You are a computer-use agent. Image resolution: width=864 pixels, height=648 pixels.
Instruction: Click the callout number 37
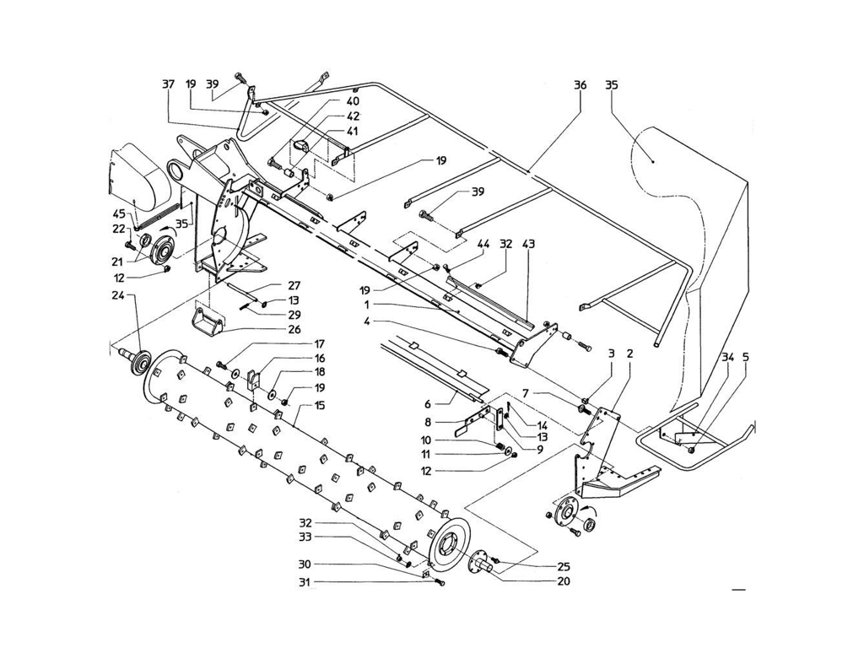coord(169,84)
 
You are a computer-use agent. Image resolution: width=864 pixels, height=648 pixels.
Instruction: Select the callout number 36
coord(580,85)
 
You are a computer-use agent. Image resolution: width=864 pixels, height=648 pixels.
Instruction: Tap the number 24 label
coord(116,296)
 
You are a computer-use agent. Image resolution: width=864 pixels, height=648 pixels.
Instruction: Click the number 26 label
coord(294,330)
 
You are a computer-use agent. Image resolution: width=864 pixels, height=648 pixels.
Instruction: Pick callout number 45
coord(120,213)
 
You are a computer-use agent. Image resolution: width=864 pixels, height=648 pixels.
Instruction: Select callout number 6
coord(428,404)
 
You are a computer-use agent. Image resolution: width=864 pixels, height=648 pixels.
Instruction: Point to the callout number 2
coord(629,354)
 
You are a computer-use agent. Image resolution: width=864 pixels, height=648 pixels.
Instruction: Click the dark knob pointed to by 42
coord(301,145)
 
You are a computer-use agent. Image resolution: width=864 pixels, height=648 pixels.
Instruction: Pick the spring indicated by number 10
coord(500,445)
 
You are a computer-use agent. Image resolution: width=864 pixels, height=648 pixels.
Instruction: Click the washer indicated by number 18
coord(273,395)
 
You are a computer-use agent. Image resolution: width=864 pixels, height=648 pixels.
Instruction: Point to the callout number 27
coord(294,285)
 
